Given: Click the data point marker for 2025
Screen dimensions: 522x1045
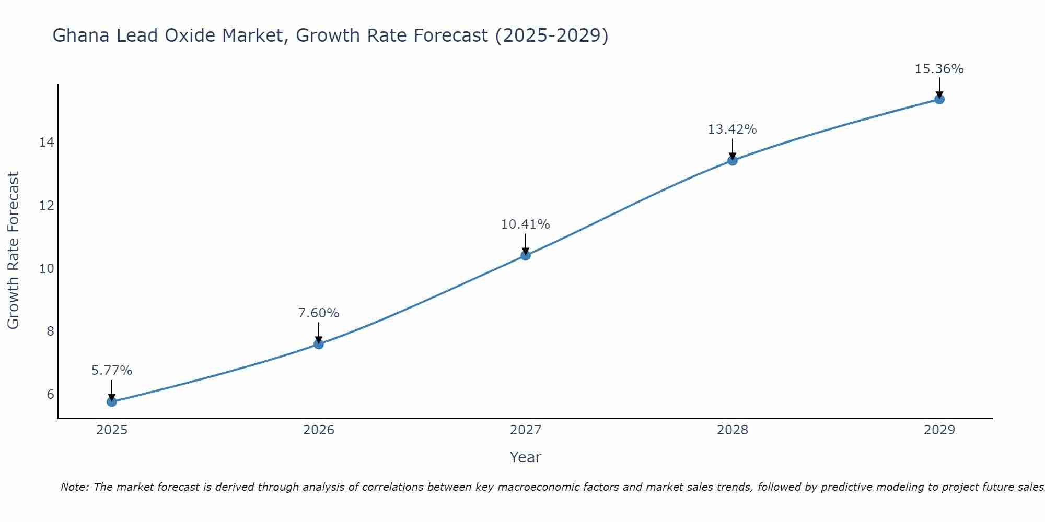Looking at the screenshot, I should tap(112, 401).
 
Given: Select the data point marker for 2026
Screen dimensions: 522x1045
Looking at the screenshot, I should tap(319, 344).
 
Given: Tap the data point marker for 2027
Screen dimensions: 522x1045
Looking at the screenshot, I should tap(526, 255).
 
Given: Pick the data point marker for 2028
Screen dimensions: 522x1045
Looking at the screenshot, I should tap(733, 160).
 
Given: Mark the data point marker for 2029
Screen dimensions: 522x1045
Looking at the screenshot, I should tap(939, 99).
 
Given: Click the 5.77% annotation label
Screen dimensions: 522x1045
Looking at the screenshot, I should tap(112, 371).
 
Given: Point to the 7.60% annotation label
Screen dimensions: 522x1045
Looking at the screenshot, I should tap(319, 313).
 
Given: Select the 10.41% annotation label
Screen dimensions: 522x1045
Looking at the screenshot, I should tap(526, 224).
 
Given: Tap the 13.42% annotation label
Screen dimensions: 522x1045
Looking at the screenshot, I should tap(733, 129).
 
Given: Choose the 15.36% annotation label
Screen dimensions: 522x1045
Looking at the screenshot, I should tap(939, 69).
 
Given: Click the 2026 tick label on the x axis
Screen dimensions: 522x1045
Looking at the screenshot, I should tap(319, 430).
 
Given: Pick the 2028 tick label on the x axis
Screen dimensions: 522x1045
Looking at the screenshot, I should tap(733, 430).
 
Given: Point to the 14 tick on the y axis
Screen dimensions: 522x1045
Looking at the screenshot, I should tap(47, 143).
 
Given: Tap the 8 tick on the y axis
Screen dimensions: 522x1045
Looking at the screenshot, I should tap(50, 331).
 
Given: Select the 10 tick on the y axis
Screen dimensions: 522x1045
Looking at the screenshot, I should tap(47, 268).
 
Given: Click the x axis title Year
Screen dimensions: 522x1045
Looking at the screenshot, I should tap(526, 457).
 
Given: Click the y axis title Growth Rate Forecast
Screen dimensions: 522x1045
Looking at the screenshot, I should tap(13, 251).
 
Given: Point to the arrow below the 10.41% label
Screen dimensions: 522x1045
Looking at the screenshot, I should tap(526, 243).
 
